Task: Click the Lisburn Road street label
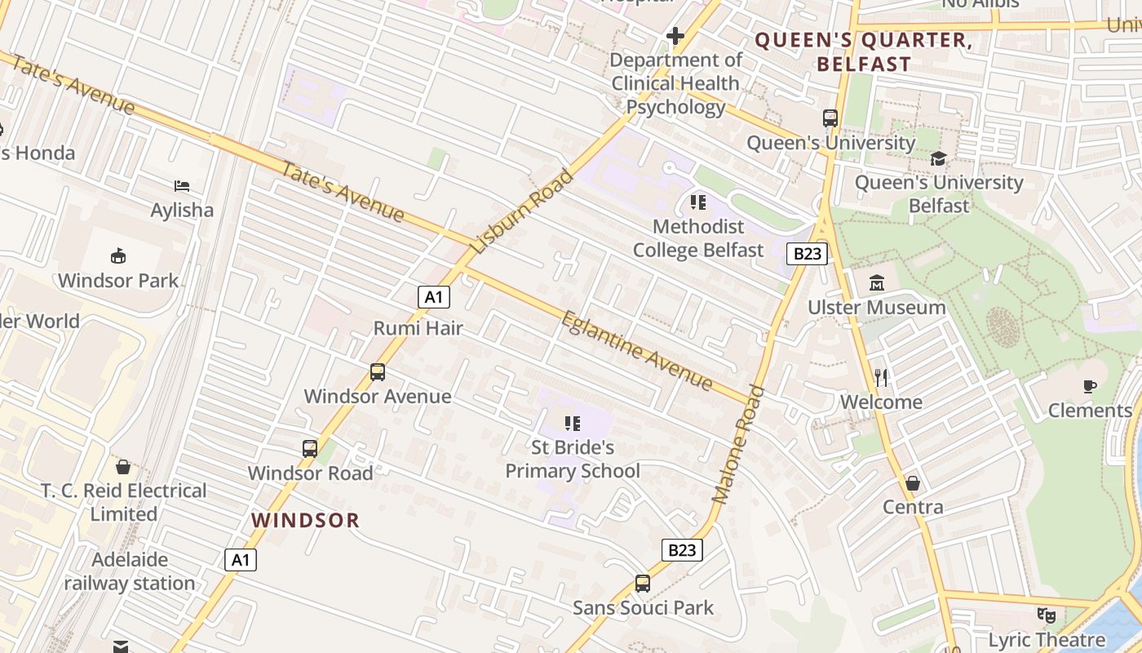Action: pyautogui.click(x=523, y=211)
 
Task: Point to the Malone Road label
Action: pyautogui.click(x=739, y=444)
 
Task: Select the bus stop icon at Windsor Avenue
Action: pyautogui.click(x=378, y=372)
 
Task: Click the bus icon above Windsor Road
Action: pyautogui.click(x=310, y=448)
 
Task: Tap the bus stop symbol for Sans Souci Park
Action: pyautogui.click(x=643, y=584)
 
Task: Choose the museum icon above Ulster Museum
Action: pyautogui.click(x=877, y=283)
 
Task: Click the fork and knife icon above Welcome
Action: pyautogui.click(x=881, y=377)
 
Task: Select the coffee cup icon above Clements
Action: pyautogui.click(x=1090, y=386)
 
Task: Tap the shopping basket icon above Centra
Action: pyautogui.click(x=913, y=483)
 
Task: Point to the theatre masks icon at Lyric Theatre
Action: pyautogui.click(x=1046, y=615)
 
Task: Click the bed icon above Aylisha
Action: pyautogui.click(x=182, y=186)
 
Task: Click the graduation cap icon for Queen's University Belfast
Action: pyautogui.click(x=938, y=158)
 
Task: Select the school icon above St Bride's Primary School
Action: pyautogui.click(x=573, y=423)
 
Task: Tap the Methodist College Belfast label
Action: pyautogui.click(x=698, y=238)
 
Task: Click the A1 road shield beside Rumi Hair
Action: pyautogui.click(x=434, y=297)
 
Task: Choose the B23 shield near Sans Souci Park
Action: pyautogui.click(x=681, y=550)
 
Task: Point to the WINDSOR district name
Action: pyautogui.click(x=305, y=520)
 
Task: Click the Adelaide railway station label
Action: pyautogui.click(x=130, y=571)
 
